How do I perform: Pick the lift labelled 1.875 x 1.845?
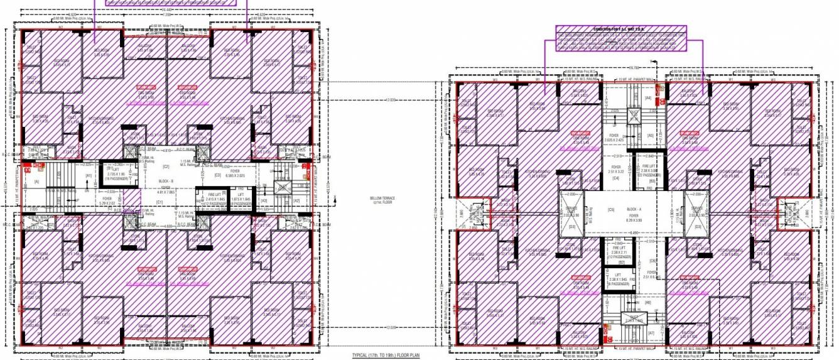pyautogui.click(x=241, y=199)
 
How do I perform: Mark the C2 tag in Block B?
pyautogui.click(x=166, y=166)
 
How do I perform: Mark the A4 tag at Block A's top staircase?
pyautogui.click(x=648, y=98)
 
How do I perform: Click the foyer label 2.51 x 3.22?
pyautogui.click(x=615, y=170)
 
